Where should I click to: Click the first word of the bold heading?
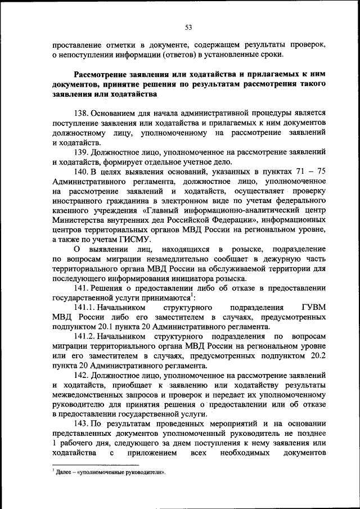tap(102, 74)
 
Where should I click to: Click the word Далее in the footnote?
tap(64, 473)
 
